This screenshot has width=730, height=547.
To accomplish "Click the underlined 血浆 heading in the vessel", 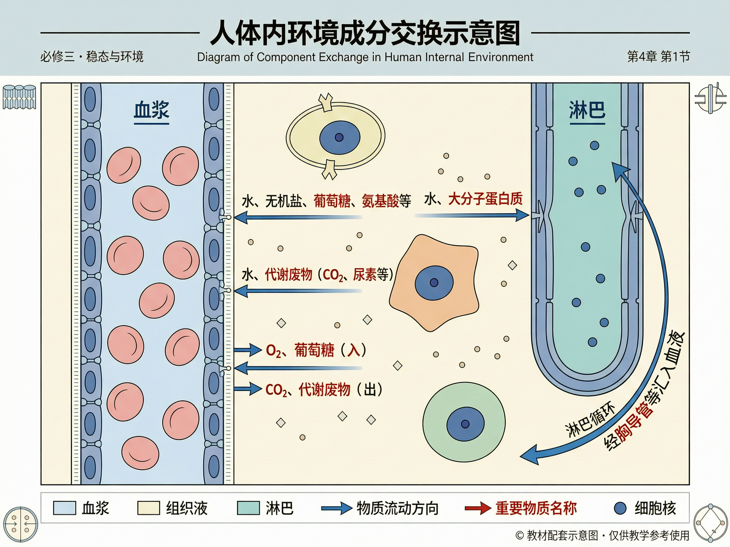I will (x=152, y=110).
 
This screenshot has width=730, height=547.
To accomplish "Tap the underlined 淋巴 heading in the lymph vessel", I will (x=587, y=110).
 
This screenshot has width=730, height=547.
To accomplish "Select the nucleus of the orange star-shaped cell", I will (x=434, y=283).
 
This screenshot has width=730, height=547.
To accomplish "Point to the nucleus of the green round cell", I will (x=465, y=424).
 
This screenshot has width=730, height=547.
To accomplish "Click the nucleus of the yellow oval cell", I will (x=339, y=137).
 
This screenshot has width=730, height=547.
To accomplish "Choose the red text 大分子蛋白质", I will (x=485, y=199).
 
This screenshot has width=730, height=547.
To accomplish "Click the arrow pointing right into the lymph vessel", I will (x=471, y=216).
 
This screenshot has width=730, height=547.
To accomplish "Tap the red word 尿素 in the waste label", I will (x=365, y=274).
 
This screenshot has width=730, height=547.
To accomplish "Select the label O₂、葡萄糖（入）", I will (x=316, y=350).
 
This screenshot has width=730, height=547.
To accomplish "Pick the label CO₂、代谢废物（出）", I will (x=324, y=390).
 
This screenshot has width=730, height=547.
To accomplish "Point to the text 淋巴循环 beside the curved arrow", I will (x=590, y=419).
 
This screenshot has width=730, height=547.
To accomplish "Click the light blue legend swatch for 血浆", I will (x=64, y=508).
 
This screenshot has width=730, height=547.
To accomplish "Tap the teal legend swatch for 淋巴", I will (x=248, y=508).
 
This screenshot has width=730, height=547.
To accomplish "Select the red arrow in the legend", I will (x=478, y=508).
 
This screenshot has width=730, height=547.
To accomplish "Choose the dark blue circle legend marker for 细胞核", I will (x=620, y=508).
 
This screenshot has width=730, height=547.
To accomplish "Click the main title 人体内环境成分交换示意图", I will (x=365, y=33).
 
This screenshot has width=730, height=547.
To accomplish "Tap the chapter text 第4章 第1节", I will (x=658, y=56).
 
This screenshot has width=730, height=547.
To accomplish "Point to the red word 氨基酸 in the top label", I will (x=380, y=201).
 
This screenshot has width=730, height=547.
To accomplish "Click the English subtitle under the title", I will (x=365, y=57).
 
